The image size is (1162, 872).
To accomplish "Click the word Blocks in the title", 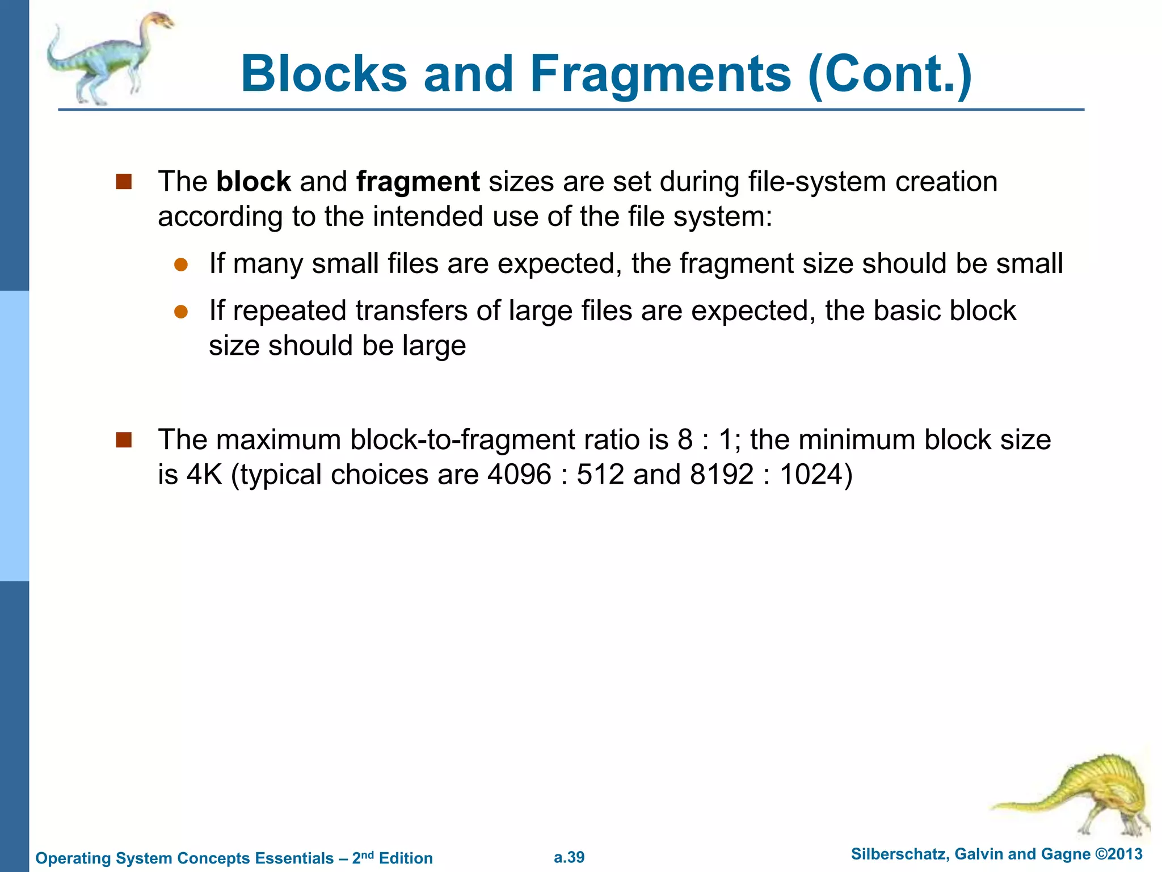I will click(x=324, y=74).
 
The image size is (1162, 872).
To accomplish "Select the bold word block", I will click(x=253, y=182).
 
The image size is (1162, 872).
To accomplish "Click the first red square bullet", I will click(x=124, y=182).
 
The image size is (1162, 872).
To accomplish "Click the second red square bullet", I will click(x=124, y=440).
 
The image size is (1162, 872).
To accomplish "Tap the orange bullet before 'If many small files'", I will click(x=181, y=265).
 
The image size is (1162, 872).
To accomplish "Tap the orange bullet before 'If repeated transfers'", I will click(x=181, y=312).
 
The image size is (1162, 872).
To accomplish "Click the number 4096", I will click(x=519, y=475).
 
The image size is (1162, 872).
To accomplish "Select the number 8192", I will click(x=722, y=475).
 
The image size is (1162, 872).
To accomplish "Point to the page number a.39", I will click(x=569, y=857).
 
